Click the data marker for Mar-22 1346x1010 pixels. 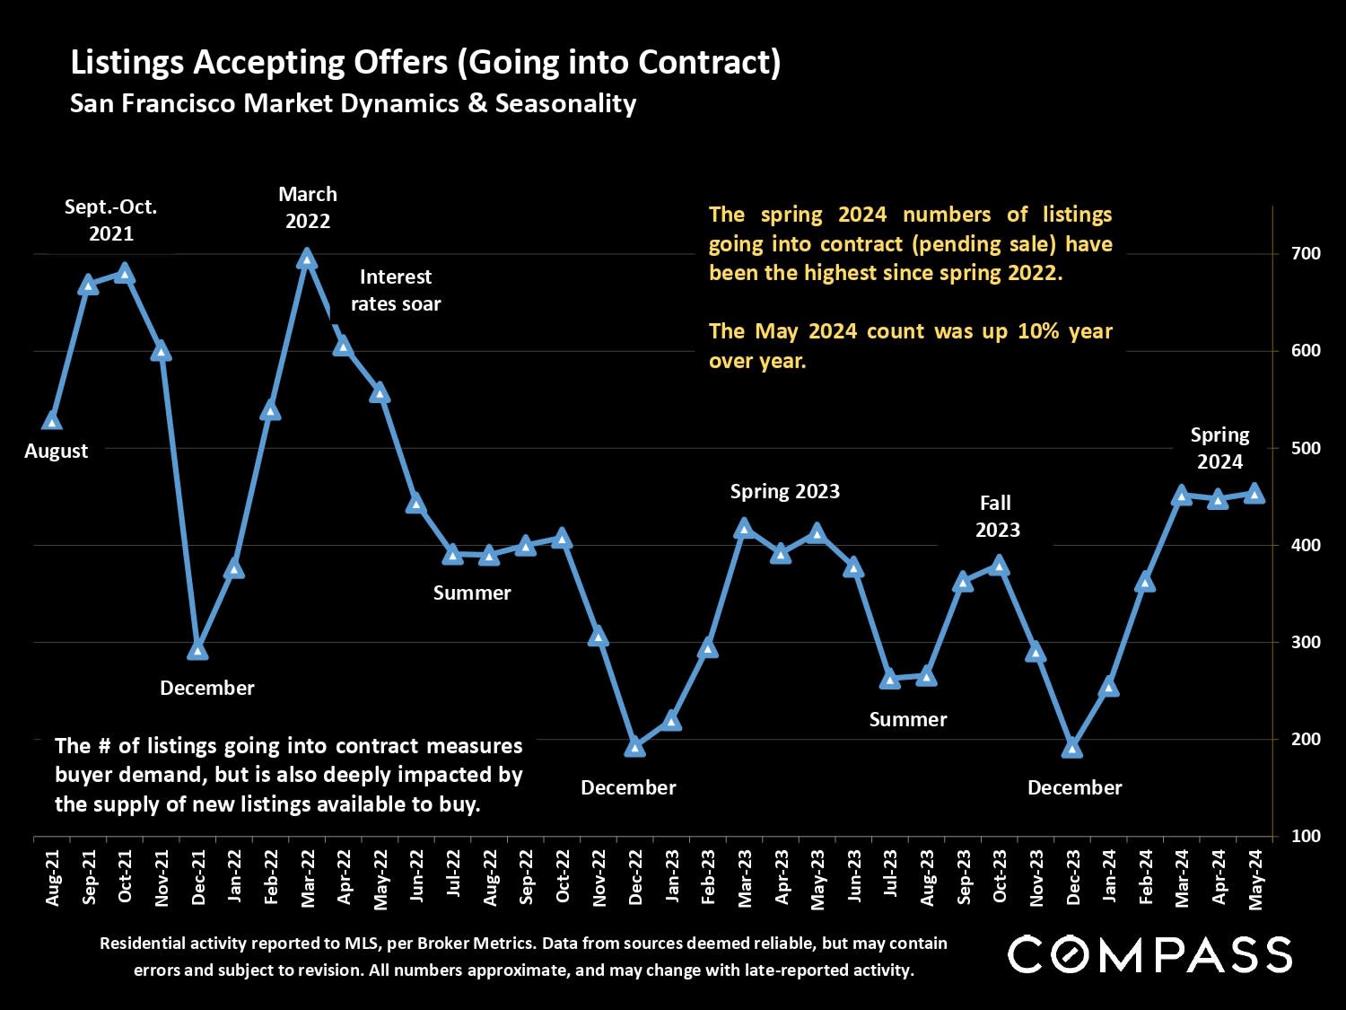(307, 259)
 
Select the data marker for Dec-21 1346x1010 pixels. (197, 650)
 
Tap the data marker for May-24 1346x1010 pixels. (1254, 494)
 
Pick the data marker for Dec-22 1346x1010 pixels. (635, 747)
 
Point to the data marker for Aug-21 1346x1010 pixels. (52, 421)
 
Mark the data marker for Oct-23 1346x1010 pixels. (999, 566)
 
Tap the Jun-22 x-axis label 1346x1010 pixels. (416, 877)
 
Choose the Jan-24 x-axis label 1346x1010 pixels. (1109, 877)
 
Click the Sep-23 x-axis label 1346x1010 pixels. (963, 877)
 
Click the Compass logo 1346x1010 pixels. (1149, 954)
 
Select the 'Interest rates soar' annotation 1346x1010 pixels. (396, 290)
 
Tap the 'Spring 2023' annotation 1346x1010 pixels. (785, 491)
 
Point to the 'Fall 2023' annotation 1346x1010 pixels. (997, 516)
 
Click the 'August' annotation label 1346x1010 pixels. (56, 451)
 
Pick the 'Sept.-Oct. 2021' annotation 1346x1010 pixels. (111, 220)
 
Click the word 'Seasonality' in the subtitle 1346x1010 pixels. (565, 103)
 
